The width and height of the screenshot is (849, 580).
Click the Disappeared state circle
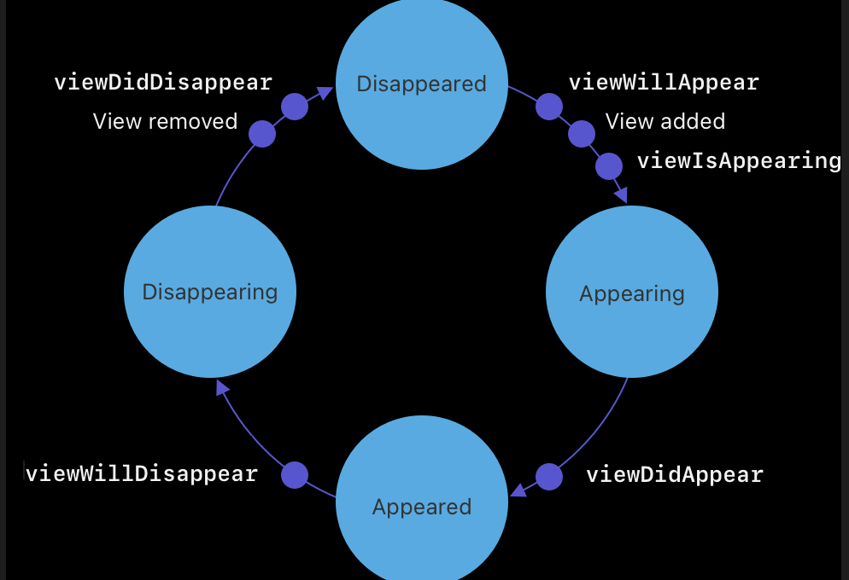422,84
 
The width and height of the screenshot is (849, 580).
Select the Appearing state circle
632,293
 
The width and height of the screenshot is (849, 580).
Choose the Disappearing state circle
210,292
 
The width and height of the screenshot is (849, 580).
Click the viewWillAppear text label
664,83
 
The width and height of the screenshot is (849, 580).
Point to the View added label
665,121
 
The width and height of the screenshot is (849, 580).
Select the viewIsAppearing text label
739,160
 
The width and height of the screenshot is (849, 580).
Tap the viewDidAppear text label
675,474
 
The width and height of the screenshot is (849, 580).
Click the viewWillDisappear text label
142,473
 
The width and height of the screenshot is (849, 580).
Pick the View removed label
165,121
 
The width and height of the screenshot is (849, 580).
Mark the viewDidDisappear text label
163,82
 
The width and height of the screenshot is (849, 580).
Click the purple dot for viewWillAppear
549,107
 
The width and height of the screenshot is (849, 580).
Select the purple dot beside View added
582,134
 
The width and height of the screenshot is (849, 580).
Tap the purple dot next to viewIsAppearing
609,165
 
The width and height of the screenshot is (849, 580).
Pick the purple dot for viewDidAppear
549,477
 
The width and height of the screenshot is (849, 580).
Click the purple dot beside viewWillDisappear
295,475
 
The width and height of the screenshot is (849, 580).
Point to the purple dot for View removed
262,134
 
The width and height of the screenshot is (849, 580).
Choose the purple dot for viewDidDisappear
295,107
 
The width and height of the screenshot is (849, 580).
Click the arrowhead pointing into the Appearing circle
621,195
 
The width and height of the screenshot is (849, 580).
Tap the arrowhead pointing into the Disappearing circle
222,388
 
